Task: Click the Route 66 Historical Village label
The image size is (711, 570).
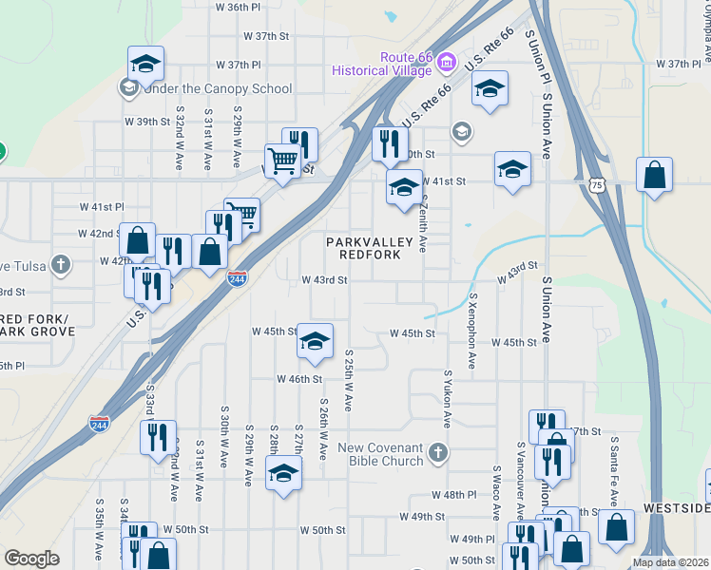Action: click(x=384, y=64)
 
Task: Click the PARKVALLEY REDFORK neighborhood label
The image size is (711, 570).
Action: click(x=371, y=250)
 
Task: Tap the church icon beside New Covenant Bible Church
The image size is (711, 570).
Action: click(x=438, y=449)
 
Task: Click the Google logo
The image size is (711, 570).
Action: click(x=31, y=559)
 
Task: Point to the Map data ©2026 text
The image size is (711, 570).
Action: click(x=669, y=562)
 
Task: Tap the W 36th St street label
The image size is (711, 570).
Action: click(x=238, y=7)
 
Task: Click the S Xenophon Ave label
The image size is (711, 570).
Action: click(x=471, y=330)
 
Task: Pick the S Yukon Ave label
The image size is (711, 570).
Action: click(x=446, y=399)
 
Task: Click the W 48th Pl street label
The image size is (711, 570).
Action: click(x=452, y=495)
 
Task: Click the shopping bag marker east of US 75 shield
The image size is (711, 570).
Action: click(x=654, y=174)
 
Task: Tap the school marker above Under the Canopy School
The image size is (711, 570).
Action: click(x=145, y=63)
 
